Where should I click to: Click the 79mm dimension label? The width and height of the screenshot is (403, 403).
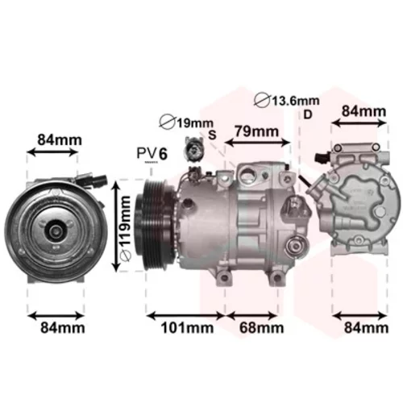pos(256,131)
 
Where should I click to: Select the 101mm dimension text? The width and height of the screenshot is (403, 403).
pos(187,328)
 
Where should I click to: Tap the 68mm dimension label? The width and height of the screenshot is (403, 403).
pos(261,328)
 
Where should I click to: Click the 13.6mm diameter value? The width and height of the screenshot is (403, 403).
pos(296,101)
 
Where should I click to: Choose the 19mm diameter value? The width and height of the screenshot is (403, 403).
pos(195,123)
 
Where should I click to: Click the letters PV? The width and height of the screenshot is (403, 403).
pos(147,153)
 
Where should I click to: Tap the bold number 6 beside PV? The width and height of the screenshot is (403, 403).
pos(163,154)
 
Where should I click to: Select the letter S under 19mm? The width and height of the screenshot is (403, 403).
pos(212,135)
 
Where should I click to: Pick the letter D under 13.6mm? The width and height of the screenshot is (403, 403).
pos(308,114)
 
